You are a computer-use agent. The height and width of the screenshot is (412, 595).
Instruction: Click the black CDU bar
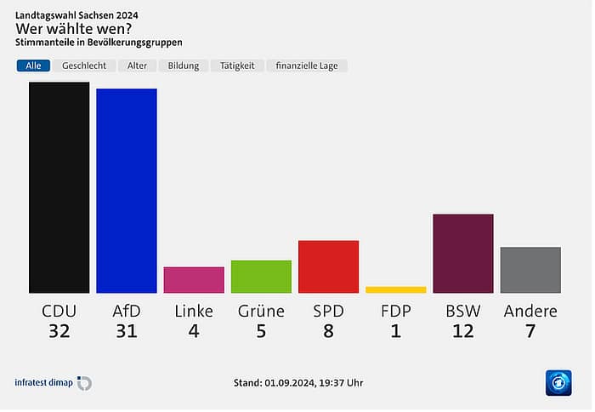coord(59,187)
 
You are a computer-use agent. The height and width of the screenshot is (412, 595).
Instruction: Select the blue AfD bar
coord(126,191)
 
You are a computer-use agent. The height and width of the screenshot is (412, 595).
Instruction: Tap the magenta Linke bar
coord(194,280)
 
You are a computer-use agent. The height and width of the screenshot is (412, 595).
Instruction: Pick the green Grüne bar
coord(261,277)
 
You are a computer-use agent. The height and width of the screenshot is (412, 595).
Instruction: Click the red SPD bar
coord(328,266)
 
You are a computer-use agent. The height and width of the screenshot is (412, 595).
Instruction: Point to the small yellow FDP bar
coord(395,289)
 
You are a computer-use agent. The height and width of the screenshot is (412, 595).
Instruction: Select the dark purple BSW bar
coord(463,254)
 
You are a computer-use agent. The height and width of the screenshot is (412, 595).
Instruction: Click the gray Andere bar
coord(530,270)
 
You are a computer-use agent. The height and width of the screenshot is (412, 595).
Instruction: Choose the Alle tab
coord(33,66)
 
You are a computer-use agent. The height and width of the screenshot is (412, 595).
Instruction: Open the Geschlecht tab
coord(84,66)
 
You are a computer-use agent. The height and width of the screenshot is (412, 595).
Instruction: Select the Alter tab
coord(137,66)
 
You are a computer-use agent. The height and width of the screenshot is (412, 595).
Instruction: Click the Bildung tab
coord(184,66)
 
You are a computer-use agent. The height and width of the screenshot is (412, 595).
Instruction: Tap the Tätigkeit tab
coord(237,66)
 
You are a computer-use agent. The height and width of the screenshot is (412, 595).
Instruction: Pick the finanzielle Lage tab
coord(306,66)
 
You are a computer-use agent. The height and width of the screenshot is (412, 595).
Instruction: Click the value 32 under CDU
coord(59,331)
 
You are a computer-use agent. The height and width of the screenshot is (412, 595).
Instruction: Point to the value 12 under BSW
coord(463,331)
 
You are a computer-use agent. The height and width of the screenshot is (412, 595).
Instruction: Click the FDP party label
coord(395,311)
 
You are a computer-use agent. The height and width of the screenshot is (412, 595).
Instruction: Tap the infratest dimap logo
coord(53,383)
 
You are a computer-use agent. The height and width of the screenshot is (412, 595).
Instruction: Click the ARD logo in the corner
coord(558,383)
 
